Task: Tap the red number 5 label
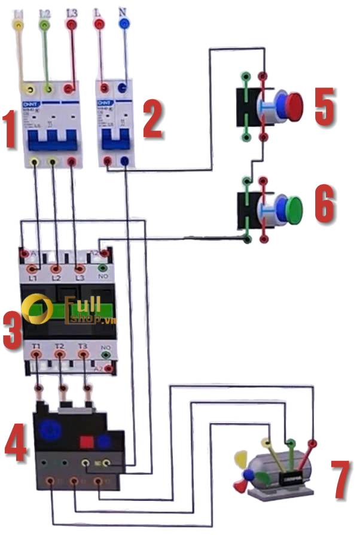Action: [x=327, y=108]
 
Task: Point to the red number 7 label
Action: [x=340, y=479]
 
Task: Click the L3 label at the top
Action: [x=71, y=12]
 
